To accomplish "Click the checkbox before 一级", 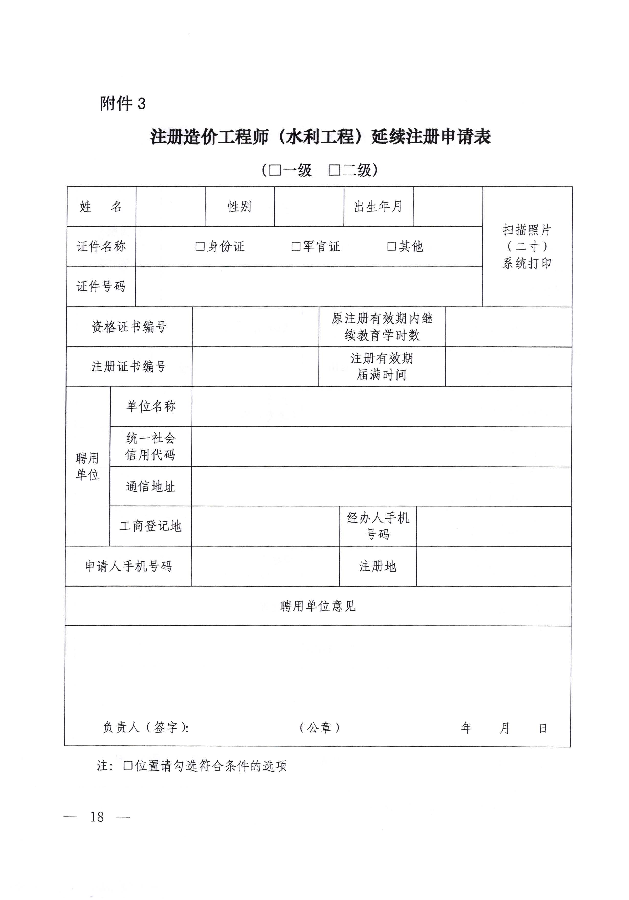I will coord(275,170).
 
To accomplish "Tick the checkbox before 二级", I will coord(334,170).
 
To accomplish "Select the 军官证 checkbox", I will coord(296,246).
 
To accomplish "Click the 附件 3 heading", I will coord(123,104).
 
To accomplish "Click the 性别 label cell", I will coord(239,207).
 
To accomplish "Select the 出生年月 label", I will coord(378,207).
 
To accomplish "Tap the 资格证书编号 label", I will coord(129,327).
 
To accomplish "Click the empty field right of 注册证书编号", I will coord(255,366).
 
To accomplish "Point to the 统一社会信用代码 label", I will coord(150,447).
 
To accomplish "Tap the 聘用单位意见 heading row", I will coord(318,606).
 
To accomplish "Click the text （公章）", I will coord(319,728).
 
